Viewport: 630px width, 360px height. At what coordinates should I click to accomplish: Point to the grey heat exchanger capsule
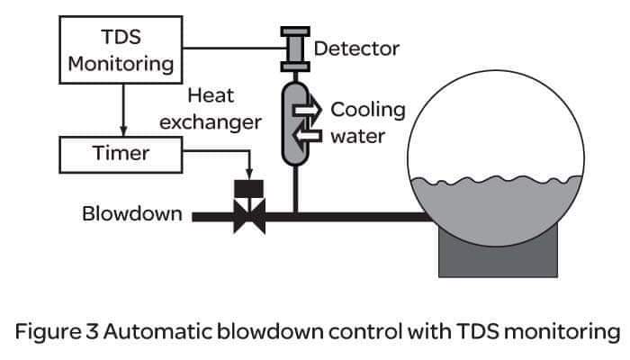(293, 126)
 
